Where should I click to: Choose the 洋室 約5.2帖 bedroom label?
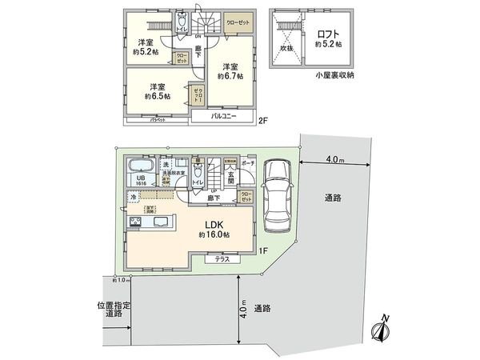point(146,47)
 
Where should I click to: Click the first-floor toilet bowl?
point(197,169)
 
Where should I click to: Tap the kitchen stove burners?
point(134,222)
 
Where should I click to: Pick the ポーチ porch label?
point(248,162)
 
